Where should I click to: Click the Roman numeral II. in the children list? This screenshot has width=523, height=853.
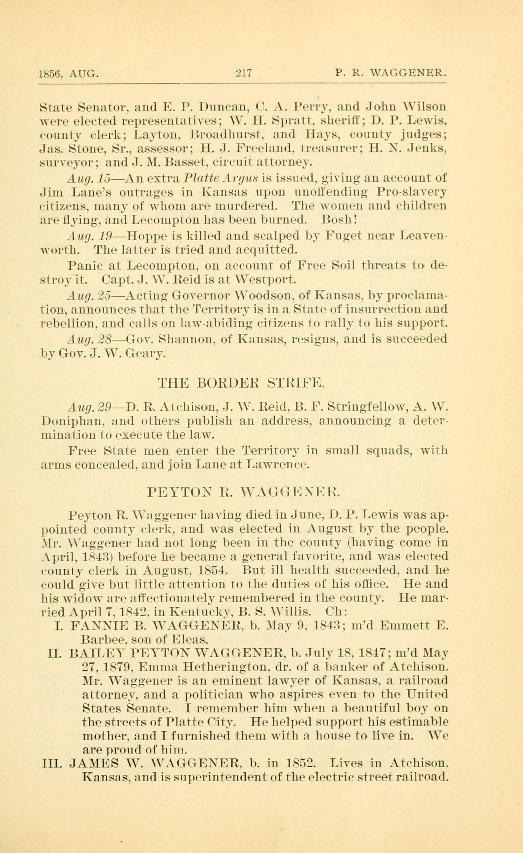point(56,654)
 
